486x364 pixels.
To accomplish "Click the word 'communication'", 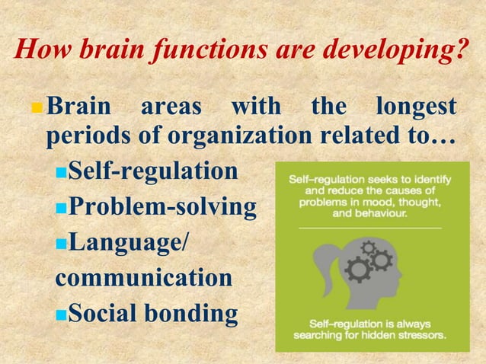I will [144, 276].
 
